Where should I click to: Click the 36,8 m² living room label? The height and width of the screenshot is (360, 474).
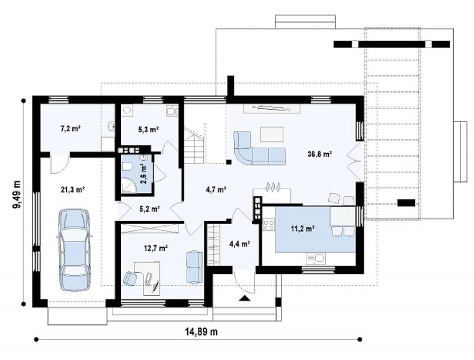[320, 154]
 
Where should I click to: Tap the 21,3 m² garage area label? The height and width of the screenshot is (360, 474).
[72, 190]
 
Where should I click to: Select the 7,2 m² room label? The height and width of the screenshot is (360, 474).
[71, 129]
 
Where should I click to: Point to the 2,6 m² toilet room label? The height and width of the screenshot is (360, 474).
[143, 174]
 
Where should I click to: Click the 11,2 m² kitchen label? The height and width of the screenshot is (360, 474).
[303, 228]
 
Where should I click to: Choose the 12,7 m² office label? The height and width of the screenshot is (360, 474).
[156, 249]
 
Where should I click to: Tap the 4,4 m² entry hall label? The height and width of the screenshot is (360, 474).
[239, 244]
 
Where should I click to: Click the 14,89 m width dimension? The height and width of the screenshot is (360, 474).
[201, 332]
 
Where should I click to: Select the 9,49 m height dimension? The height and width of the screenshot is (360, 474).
[17, 194]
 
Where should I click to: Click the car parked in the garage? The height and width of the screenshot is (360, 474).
[75, 249]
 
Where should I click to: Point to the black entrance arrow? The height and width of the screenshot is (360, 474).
[245, 298]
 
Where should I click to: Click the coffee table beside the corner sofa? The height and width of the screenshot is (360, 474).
[272, 134]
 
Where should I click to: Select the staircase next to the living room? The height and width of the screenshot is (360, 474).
[195, 145]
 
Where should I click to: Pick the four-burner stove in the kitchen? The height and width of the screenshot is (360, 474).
[269, 225]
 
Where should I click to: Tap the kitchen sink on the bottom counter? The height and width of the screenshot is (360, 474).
[316, 259]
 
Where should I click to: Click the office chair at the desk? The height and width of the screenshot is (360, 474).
[130, 278]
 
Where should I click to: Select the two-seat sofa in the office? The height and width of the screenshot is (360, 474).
[194, 266]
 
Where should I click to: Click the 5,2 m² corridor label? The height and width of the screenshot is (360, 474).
[150, 209]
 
